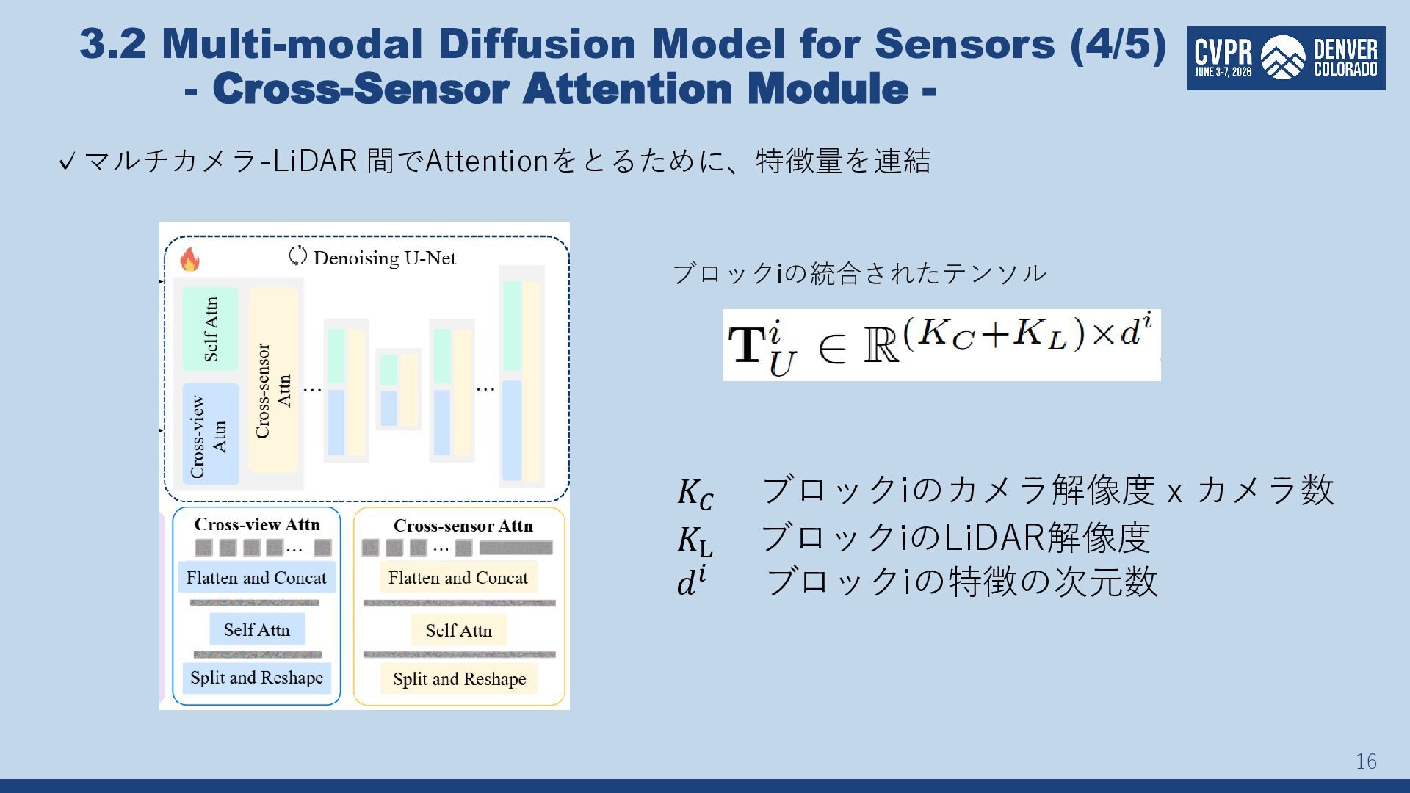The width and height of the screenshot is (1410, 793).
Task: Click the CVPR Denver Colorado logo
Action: pos(1286,59)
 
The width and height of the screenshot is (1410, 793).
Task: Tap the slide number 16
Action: pos(1366,761)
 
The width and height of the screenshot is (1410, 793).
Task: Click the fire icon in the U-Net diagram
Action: pos(189,259)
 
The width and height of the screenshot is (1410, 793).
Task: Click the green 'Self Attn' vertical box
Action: pos(210,329)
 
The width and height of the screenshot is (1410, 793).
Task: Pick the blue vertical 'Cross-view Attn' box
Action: pos(210,434)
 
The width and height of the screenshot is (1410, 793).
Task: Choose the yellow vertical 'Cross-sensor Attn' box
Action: pos(273,380)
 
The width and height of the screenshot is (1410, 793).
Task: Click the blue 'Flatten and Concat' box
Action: pos(256,578)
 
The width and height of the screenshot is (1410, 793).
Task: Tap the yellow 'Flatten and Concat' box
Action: pos(458,578)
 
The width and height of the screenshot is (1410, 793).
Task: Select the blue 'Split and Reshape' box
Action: pos(256,678)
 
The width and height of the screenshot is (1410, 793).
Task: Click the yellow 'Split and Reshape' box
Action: pos(459,678)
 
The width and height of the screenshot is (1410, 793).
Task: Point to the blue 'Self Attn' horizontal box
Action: pos(256,629)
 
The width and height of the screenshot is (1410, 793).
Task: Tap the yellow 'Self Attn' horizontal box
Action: pos(458,630)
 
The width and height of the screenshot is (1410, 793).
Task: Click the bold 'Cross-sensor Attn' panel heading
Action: pos(463,526)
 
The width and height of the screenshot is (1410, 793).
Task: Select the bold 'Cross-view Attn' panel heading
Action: pos(257,524)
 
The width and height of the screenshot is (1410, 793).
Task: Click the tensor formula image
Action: pos(941,345)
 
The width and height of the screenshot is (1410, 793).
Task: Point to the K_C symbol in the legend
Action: pos(695,493)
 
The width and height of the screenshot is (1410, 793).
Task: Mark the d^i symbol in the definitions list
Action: pos(692,581)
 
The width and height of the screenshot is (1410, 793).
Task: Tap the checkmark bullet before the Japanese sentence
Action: pos(67,161)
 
